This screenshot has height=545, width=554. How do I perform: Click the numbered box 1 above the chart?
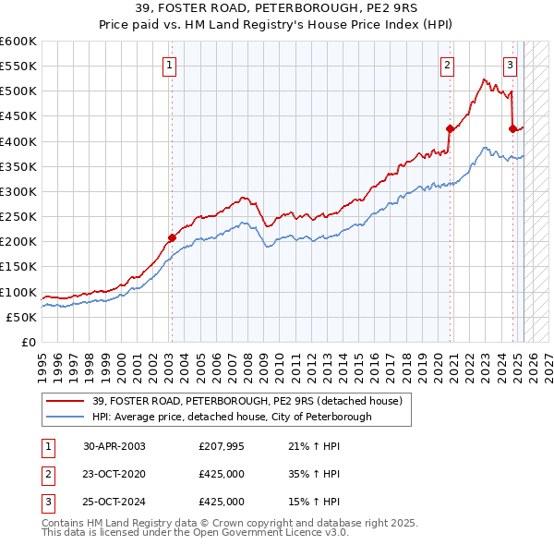[171, 65]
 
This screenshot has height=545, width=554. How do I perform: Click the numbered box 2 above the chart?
[447, 65]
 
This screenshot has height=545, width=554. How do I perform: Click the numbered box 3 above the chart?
[510, 65]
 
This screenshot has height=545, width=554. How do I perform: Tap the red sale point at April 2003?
[172, 237]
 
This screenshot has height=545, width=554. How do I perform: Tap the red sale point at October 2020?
[450, 128]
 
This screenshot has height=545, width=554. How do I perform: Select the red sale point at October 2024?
[512, 128]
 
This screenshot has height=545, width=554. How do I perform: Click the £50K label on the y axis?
[21, 317]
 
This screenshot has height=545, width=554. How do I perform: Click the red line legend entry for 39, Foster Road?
[247, 401]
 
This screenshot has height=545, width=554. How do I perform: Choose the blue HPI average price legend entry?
[232, 417]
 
